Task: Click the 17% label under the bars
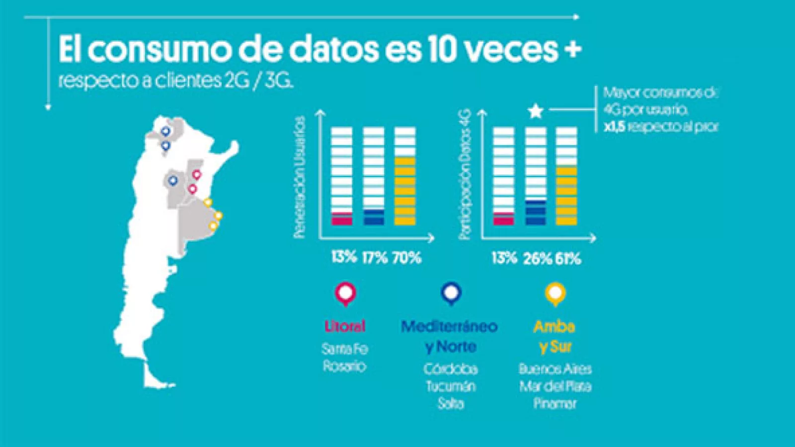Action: pyautogui.click(x=375, y=257)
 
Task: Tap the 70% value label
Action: pyautogui.click(x=407, y=257)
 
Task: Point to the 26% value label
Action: pyautogui.click(x=537, y=258)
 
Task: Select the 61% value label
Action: pyautogui.click(x=568, y=258)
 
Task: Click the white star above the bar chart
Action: pyautogui.click(x=535, y=111)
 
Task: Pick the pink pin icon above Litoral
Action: pyautogui.click(x=345, y=293)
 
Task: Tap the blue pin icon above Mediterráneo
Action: pyautogui.click(x=451, y=293)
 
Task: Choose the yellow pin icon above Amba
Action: pyautogui.click(x=555, y=293)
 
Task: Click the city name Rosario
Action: pyautogui.click(x=344, y=367)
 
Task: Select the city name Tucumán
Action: pyautogui.click(x=451, y=386)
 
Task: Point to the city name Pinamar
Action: pyautogui.click(x=555, y=403)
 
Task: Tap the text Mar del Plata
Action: pyautogui.click(x=555, y=386)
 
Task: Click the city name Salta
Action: pyautogui.click(x=451, y=403)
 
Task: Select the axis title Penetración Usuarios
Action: pyautogui.click(x=299, y=177)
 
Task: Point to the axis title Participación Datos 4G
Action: pyautogui.click(x=464, y=175)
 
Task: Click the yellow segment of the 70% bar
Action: pyautogui.click(x=405, y=192)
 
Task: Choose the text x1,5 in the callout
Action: pyautogui.click(x=614, y=127)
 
